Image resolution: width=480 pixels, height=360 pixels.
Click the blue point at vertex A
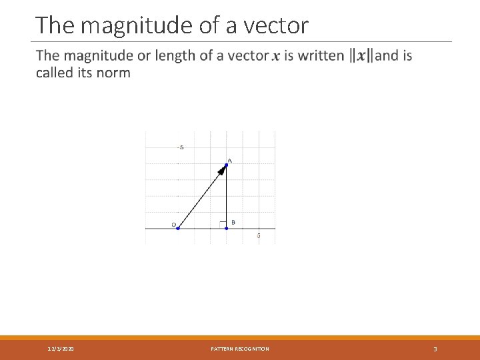227,165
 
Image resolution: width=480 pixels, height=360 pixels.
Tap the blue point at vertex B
227,228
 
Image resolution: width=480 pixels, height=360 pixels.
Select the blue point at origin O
178,228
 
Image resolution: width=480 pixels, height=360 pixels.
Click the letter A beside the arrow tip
230,160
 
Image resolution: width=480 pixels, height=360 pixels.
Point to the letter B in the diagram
233,222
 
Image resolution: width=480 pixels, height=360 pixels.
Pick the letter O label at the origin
174,225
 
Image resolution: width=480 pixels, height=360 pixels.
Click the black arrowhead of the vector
221,171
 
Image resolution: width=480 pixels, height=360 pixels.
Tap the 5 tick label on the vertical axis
182,147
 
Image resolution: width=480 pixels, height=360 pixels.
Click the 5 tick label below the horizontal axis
258,235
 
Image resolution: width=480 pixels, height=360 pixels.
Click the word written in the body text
321,55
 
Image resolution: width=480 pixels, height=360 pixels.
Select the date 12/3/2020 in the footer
61,349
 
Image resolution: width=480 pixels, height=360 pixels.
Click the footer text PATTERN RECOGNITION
240,349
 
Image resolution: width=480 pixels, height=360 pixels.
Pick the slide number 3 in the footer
435,349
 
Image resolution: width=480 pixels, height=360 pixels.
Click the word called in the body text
55,72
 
